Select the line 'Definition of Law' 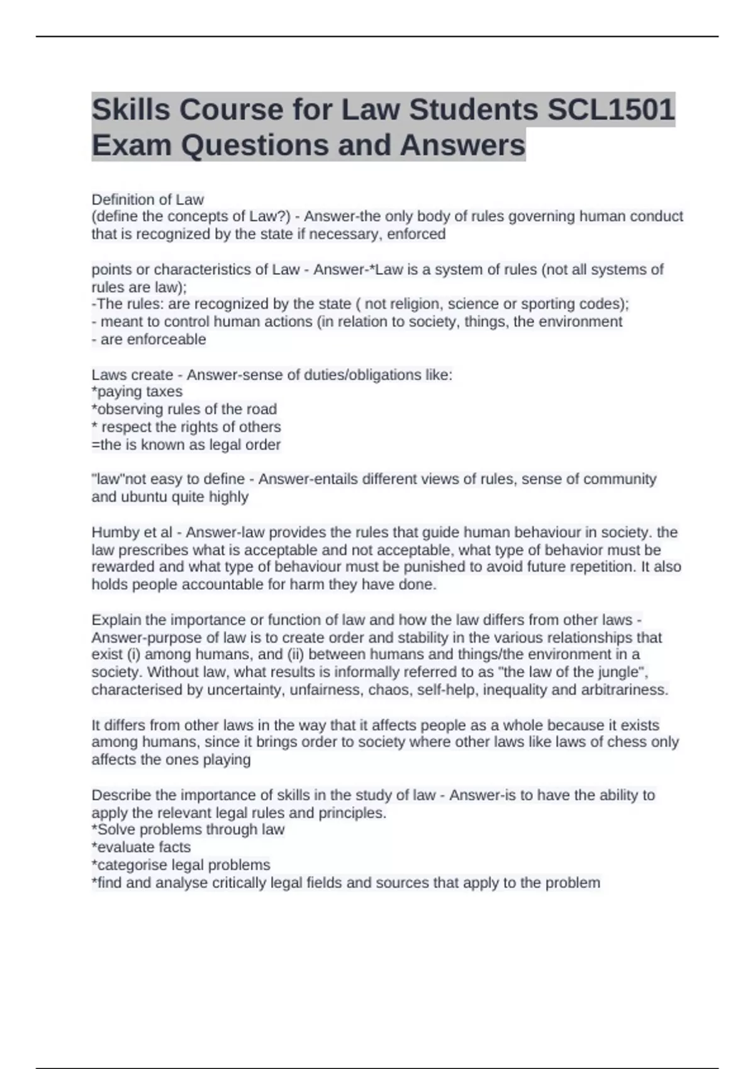click(148, 199)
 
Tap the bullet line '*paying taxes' click(137, 391)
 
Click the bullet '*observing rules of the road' click(184, 409)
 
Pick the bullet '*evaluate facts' click(141, 847)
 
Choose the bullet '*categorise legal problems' click(181, 865)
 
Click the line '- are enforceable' click(149, 339)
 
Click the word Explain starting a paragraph click(116, 619)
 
